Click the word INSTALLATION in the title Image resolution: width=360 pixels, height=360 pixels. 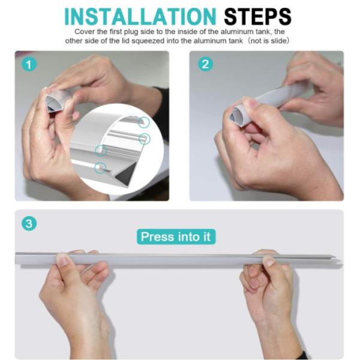coord(140,17)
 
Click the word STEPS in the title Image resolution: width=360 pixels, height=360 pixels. coord(257,17)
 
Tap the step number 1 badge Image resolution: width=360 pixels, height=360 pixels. coord(29,65)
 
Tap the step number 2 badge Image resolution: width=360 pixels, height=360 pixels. coord(205,64)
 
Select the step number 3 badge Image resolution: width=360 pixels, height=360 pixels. coord(29,223)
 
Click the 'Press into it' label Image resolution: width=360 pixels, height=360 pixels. coord(176,237)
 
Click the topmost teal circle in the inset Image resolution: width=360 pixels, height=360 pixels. coord(144,122)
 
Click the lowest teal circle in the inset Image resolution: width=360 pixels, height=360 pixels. coord(100,168)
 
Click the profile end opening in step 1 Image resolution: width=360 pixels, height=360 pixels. coord(53,104)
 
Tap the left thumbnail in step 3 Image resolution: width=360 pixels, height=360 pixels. coord(62,260)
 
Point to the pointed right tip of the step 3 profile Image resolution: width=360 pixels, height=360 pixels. coord(335,257)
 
